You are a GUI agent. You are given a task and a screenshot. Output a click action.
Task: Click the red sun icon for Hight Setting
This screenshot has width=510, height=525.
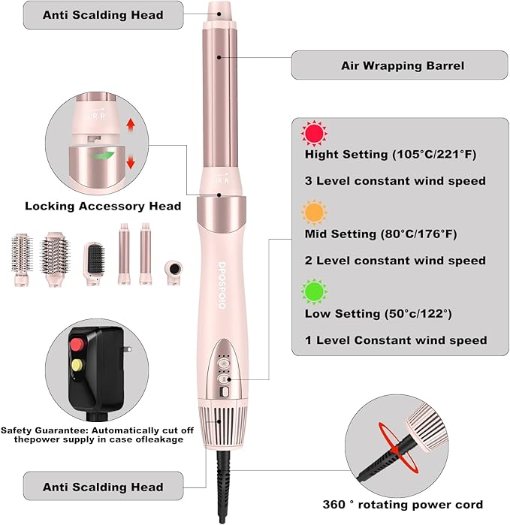314,134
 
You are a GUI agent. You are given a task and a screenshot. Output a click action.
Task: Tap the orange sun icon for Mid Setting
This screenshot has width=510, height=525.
314,213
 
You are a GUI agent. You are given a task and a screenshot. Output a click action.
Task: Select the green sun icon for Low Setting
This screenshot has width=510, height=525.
314,292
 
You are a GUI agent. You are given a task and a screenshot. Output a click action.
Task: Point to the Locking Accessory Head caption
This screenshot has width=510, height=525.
103,206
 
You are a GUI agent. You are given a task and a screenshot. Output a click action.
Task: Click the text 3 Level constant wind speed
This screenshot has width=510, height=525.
395,181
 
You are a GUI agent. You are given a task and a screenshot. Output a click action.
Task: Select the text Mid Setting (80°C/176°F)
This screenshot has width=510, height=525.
380,234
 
